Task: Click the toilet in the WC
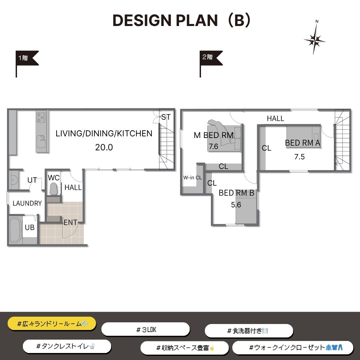click(x=53, y=189)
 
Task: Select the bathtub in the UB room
click(x=15, y=230)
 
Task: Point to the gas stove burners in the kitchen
click(x=41, y=117)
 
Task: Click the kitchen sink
click(x=41, y=142)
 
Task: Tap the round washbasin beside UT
click(x=14, y=179)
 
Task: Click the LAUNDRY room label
click(x=27, y=203)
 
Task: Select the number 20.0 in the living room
click(x=104, y=147)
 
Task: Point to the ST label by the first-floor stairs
click(x=166, y=117)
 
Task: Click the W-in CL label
click(x=192, y=177)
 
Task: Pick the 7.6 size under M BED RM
click(x=213, y=146)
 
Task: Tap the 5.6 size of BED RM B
click(x=236, y=205)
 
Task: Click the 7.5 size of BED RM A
click(x=299, y=157)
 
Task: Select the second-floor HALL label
click(x=276, y=118)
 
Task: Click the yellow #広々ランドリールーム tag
click(x=52, y=324)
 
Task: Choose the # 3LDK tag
click(x=146, y=330)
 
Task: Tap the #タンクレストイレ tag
click(x=67, y=346)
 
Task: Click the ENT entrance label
click(x=70, y=222)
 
